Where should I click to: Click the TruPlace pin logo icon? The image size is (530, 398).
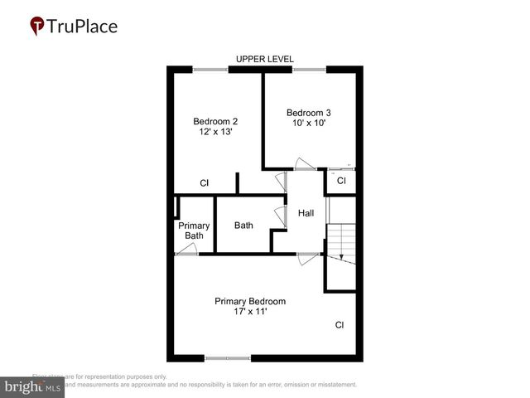click(x=37, y=26)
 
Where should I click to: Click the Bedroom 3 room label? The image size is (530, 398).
click(x=309, y=112)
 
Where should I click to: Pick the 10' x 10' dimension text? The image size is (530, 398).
click(x=309, y=124)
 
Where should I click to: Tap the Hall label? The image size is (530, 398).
click(x=306, y=213)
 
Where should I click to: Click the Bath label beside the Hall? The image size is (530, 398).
click(x=243, y=225)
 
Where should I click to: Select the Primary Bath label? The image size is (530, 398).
click(x=194, y=231)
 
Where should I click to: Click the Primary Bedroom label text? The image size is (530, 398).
click(x=250, y=301)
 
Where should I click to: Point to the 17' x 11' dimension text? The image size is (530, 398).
click(x=250, y=313)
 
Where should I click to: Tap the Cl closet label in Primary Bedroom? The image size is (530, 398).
click(x=340, y=325)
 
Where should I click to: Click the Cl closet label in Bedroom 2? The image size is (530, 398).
click(x=205, y=183)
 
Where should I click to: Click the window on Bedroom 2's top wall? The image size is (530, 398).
click(x=210, y=70)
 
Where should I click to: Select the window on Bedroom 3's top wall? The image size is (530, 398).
click(x=309, y=70)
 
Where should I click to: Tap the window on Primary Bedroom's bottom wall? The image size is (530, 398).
click(x=227, y=358)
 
